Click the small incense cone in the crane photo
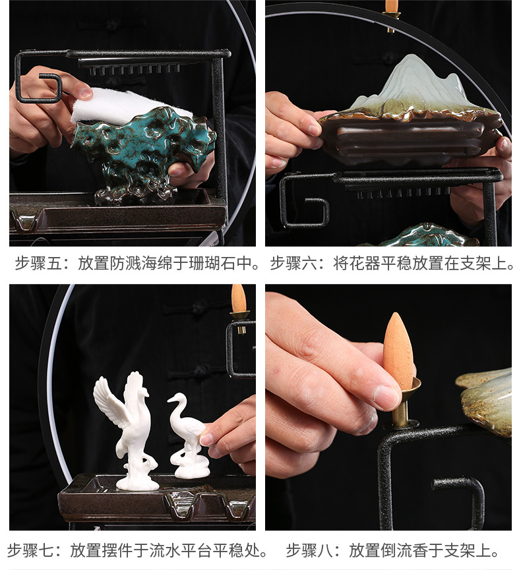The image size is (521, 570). click(x=238, y=299)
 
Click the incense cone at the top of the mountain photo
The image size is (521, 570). click(x=392, y=7)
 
